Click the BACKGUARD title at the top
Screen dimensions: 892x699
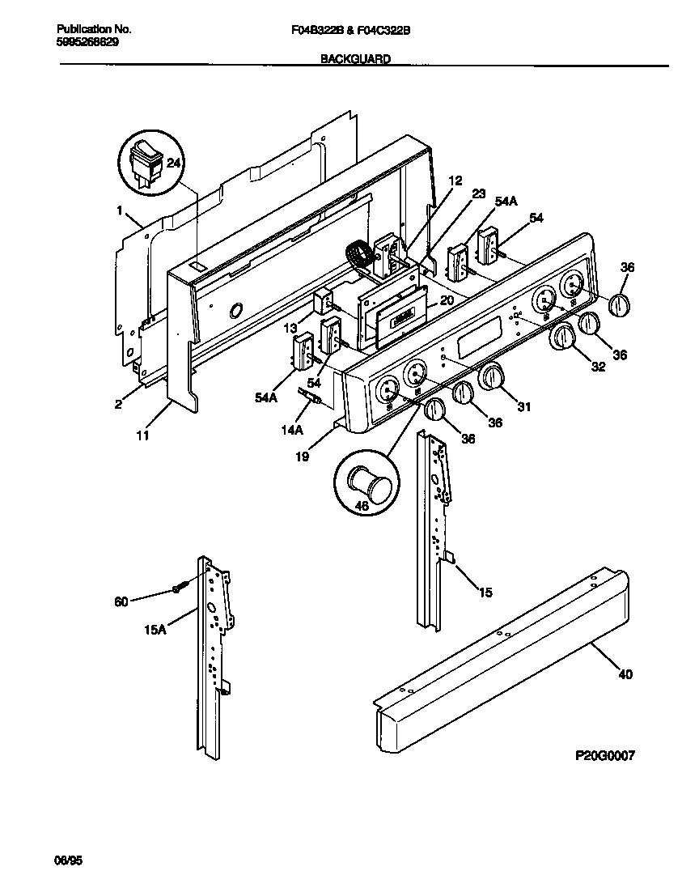pos(355,59)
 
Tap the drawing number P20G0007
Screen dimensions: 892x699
pos(604,755)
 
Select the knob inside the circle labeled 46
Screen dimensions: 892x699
pos(367,487)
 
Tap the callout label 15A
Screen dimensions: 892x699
pos(155,629)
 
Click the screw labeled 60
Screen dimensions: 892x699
pos(180,588)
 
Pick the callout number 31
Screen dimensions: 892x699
pos(523,406)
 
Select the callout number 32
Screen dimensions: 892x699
pos(598,367)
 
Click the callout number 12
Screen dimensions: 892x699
pos(455,181)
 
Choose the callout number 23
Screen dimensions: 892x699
pos(478,193)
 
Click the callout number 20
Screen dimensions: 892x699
pos(447,299)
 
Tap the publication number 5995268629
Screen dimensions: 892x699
pos(78,42)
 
